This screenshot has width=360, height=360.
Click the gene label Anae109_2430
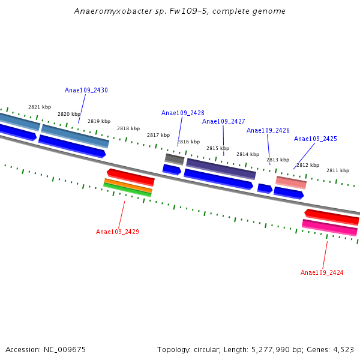click(x=86, y=90)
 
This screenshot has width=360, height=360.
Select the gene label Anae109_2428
click(x=182, y=113)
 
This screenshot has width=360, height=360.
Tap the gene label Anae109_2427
click(x=223, y=121)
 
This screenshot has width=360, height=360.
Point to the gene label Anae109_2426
click(x=268, y=130)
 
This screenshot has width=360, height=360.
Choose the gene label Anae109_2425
click(x=315, y=139)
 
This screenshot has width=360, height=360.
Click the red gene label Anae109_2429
click(x=118, y=232)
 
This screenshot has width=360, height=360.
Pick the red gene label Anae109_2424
click(x=322, y=272)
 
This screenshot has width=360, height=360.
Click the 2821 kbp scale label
click(x=40, y=107)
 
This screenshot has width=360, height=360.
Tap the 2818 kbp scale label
click(x=128, y=128)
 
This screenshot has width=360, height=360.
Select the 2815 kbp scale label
click(x=218, y=148)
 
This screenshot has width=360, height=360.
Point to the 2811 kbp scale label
click(x=338, y=170)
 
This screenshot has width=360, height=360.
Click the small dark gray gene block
click(x=175, y=159)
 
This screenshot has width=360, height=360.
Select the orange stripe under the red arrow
click(x=128, y=185)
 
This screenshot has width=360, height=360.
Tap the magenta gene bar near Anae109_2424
click(x=329, y=227)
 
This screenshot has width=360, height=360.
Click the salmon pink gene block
click(x=291, y=182)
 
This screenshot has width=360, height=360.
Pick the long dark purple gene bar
click(x=221, y=168)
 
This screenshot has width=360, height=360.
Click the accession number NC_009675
click(x=65, y=349)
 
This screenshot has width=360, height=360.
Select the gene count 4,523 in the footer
click(x=343, y=349)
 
